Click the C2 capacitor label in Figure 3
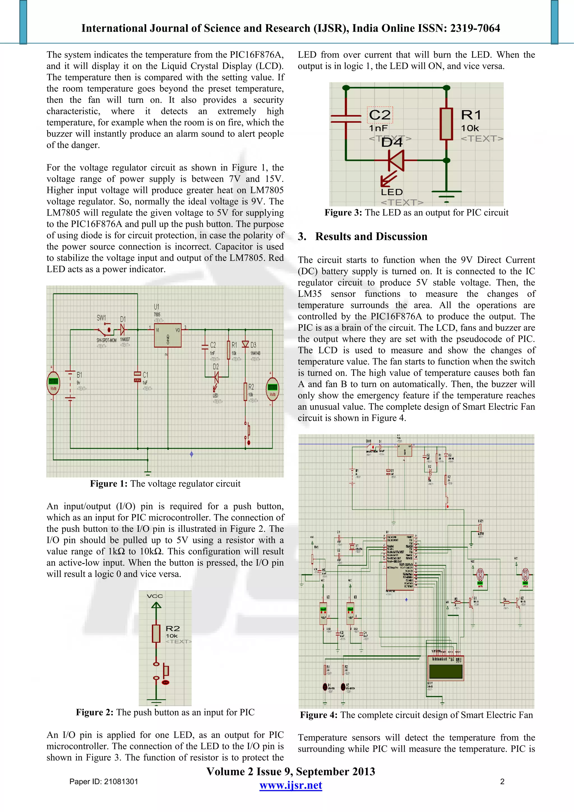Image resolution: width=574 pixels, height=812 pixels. pyautogui.click(x=379, y=115)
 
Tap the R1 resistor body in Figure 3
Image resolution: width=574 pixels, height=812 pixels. pyautogui.click(x=446, y=124)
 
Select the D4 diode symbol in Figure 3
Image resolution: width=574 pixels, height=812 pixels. pyautogui.click(x=397, y=160)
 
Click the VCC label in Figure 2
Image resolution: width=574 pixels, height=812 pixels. pyautogui.click(x=155, y=596)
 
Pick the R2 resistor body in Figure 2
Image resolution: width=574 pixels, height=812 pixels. pyautogui.click(x=156, y=633)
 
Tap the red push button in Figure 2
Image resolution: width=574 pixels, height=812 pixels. pyautogui.click(x=165, y=682)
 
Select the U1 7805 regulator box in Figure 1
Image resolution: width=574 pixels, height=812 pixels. pyautogui.click(x=168, y=335)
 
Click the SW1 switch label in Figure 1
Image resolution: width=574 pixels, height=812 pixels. pyautogui.click(x=101, y=318)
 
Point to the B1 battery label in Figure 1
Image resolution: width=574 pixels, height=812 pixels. pyautogui.click(x=80, y=374)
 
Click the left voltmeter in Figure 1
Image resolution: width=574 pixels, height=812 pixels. pyautogui.click(x=54, y=383)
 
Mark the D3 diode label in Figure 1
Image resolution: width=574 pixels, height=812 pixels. pyautogui.click(x=253, y=345)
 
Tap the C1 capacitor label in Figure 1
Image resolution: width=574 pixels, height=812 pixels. pyautogui.click(x=145, y=374)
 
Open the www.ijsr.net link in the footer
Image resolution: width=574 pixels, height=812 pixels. pyautogui.click(x=291, y=785)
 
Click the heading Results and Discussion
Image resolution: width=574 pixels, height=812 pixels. pyautogui.click(x=371, y=236)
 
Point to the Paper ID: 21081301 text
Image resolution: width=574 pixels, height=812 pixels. pyautogui.click(x=104, y=781)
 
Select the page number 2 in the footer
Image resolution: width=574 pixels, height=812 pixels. pyautogui.click(x=502, y=781)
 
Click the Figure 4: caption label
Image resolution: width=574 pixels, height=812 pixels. pyautogui.click(x=319, y=715)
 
